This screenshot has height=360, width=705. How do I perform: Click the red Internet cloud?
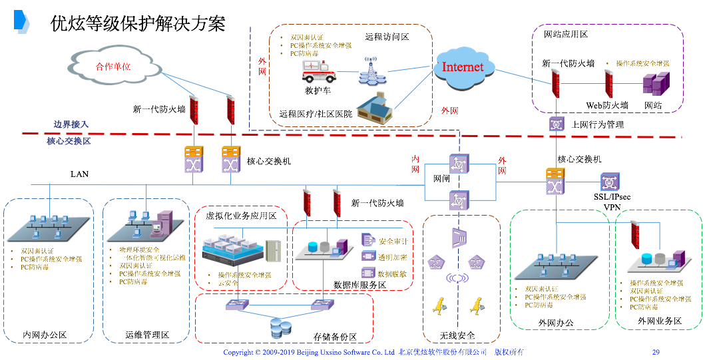[463, 67]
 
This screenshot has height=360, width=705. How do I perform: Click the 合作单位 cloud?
[113, 66]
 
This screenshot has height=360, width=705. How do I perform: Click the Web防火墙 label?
[606, 105]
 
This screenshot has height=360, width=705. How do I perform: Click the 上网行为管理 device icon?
[557, 124]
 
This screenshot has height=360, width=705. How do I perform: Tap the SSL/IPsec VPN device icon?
[610, 181]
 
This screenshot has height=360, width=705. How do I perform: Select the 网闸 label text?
[443, 179]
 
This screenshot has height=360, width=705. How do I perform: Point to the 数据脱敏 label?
[392, 273]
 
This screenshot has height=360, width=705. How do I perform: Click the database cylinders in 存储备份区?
[280, 327]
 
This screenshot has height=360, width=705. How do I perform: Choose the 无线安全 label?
[457, 335]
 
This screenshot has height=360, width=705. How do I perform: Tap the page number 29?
[655, 352]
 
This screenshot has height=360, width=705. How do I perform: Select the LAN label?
[80, 174]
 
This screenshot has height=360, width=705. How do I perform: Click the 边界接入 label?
[71, 124]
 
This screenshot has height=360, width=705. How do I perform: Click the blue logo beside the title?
[22, 22]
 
